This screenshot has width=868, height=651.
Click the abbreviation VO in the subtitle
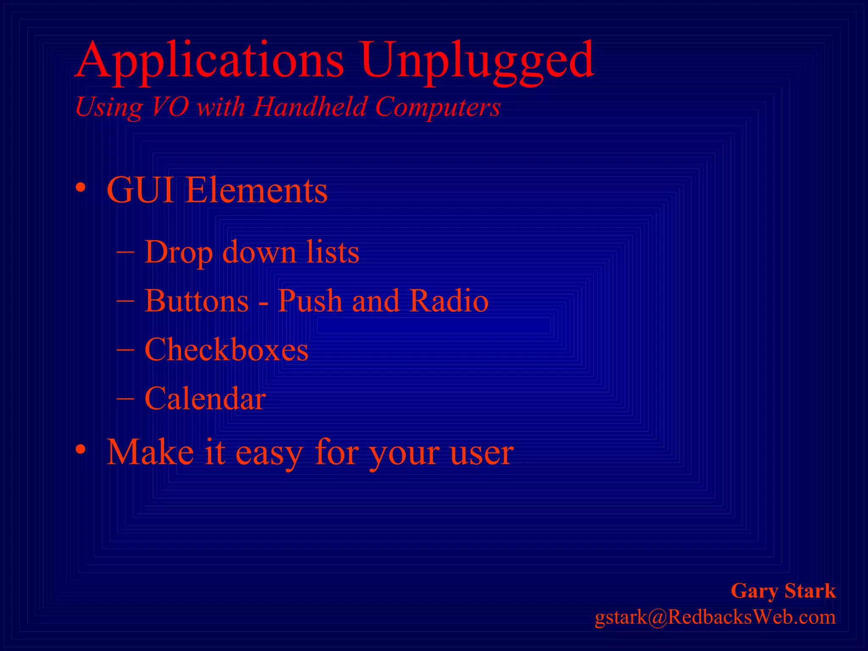click(x=170, y=106)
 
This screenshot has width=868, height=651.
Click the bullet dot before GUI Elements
click(x=81, y=188)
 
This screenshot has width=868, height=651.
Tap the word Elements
click(x=256, y=190)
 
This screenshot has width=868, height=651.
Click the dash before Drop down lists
click(x=125, y=252)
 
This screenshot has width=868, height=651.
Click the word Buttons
click(x=197, y=301)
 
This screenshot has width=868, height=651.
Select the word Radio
click(x=449, y=301)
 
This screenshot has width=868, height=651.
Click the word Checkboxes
click(x=226, y=350)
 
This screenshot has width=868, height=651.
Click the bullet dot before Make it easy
click(x=81, y=449)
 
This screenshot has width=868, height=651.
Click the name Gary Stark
click(x=783, y=591)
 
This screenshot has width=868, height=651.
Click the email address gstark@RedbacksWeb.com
click(x=715, y=617)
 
